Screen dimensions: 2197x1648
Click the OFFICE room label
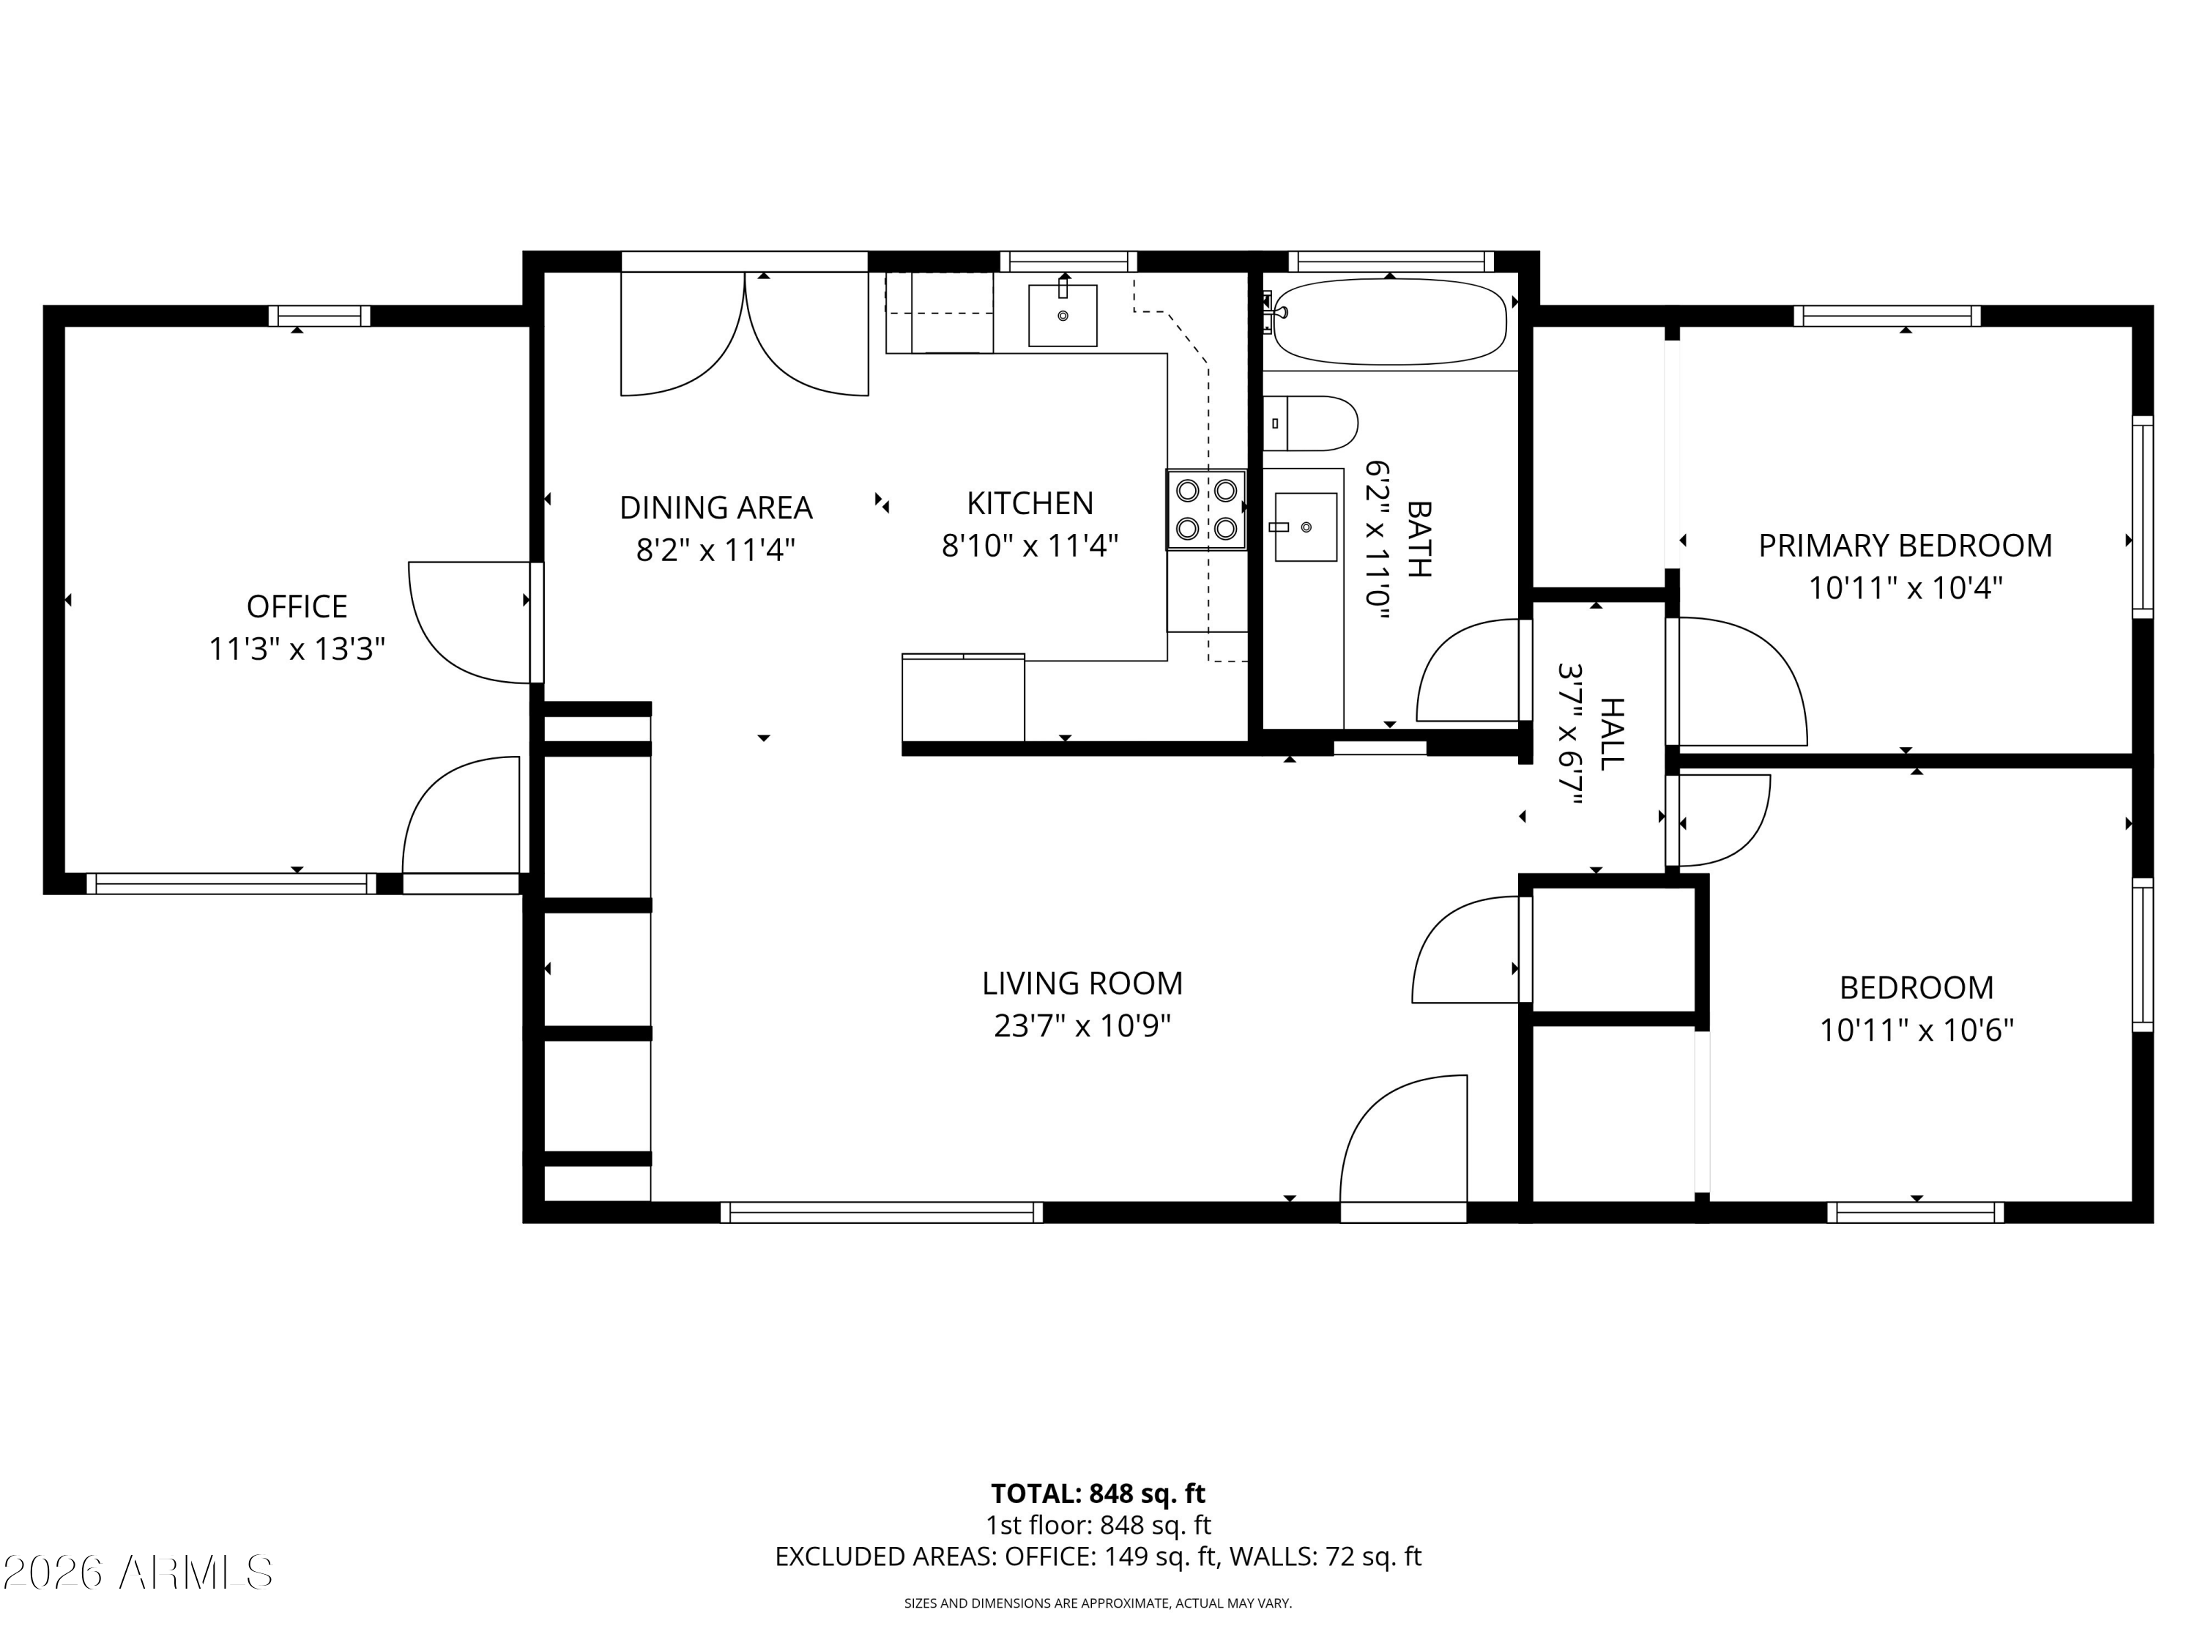297,606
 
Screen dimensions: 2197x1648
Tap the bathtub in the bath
1389,321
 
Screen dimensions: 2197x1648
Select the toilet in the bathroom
1310,423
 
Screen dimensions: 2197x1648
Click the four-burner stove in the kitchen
1205,510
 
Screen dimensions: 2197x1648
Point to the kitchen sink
1063,315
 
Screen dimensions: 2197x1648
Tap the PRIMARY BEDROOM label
1905,546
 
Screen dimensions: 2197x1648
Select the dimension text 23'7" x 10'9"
1082,1026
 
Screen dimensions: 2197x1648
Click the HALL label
1611,734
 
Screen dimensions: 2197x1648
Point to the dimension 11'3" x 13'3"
297,650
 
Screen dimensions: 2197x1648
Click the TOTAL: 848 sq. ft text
1098,1493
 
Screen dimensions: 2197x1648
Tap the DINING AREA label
716,508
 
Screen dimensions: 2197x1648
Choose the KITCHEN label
1030,504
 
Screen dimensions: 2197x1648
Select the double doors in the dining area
745,333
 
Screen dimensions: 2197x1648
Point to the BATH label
1420,538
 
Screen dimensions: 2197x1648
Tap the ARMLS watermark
138,1573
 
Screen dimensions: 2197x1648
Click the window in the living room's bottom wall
882,1212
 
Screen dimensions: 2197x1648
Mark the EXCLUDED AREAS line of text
1098,1556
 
